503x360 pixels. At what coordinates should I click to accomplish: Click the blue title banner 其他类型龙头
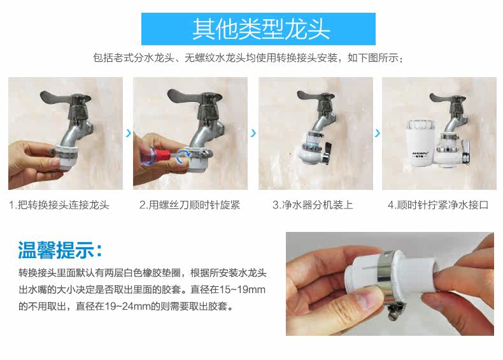pos(259,29)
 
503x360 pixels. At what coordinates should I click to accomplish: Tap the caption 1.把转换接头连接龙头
pos(59,205)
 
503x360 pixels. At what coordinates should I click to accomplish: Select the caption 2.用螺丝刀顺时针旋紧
pos(190,205)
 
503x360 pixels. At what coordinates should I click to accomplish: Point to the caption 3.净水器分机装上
pos(313,205)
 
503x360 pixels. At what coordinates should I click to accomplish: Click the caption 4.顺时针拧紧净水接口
pos(438,205)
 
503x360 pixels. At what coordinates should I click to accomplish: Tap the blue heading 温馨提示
pos(60,250)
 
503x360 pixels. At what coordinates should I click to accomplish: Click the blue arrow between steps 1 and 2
pos(129,133)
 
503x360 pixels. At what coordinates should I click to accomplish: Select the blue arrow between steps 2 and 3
pos(253,133)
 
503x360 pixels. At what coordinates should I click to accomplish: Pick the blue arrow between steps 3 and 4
pos(377,133)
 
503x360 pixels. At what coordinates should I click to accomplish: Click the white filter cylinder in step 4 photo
pos(420,142)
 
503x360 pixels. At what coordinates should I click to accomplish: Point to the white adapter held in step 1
pos(66,157)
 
